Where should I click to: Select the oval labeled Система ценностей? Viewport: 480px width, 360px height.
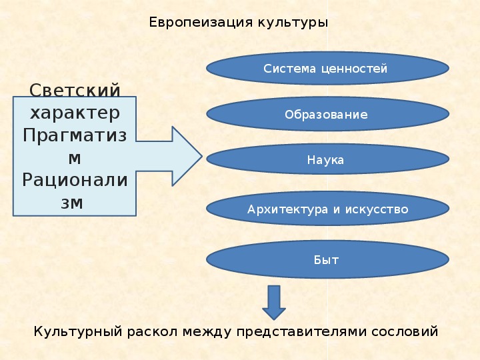(327, 69)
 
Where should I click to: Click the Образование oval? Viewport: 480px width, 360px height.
(327, 114)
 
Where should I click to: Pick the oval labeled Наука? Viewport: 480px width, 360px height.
(327, 160)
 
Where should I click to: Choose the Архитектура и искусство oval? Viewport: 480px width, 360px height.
(327, 209)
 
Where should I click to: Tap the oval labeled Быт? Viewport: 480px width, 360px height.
(327, 260)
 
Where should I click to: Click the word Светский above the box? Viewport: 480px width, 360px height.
(75, 89)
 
